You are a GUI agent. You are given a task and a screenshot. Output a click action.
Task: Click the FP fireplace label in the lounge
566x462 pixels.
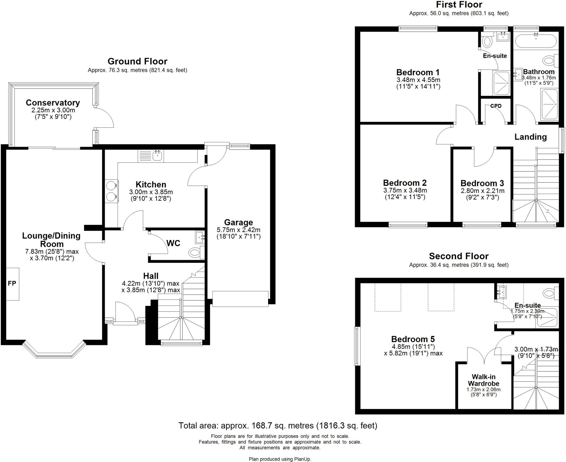(12, 283)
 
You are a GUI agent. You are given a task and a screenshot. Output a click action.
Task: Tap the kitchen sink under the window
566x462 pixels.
(158, 156)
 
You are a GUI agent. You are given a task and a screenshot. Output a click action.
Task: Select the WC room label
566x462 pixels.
(173, 243)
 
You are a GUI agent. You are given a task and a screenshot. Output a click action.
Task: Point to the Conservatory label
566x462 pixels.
(53, 103)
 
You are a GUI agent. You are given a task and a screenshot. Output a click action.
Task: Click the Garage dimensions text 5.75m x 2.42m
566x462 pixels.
(238, 229)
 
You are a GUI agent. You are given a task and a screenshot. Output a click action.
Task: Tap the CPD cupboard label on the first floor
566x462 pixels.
(496, 106)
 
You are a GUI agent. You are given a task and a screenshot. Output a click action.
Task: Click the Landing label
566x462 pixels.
(530, 137)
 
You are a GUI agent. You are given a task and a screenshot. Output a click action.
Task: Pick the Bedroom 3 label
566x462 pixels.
(482, 183)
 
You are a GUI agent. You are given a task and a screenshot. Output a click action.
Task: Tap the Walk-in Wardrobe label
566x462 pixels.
(483, 380)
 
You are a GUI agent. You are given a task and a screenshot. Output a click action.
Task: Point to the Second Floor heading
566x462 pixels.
(458, 256)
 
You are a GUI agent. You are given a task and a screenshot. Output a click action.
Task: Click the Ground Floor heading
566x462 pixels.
(137, 61)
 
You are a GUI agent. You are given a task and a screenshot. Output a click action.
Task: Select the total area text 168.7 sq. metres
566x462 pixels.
(277, 425)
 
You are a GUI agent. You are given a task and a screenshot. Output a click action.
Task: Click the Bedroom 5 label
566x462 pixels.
(413, 339)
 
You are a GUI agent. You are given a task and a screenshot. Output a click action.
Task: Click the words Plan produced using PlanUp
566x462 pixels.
(280, 459)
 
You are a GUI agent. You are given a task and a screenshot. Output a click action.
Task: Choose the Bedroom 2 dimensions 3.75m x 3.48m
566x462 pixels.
(405, 190)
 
